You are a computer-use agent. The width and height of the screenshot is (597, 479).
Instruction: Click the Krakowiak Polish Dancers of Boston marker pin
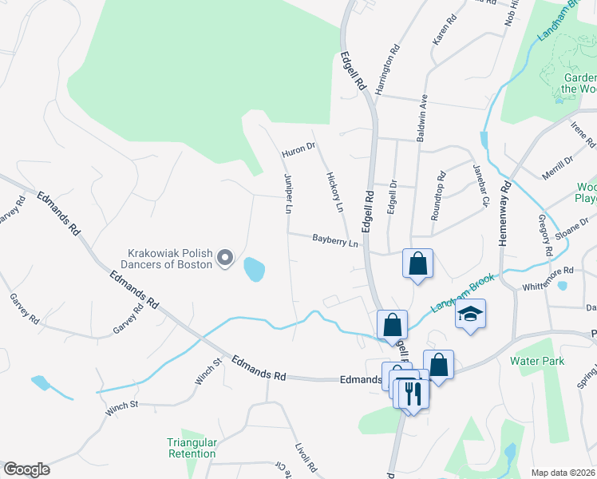point(225,257)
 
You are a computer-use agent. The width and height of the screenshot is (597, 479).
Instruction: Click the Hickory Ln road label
point(334,192)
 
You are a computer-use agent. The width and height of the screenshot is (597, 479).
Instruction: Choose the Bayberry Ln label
point(335,239)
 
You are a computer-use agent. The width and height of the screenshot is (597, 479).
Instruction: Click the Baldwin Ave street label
point(424,117)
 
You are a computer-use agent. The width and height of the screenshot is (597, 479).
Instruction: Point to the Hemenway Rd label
point(505,216)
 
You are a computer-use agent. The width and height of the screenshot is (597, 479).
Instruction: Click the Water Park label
point(537,362)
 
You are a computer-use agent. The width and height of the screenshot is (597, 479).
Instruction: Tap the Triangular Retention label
point(192,448)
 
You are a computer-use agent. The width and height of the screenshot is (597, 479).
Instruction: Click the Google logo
point(26,469)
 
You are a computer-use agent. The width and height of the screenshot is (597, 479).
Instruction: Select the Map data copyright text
point(562,473)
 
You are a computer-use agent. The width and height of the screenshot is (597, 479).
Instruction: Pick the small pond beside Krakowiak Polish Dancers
point(255,269)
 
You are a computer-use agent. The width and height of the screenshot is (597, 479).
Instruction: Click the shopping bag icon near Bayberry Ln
point(417,263)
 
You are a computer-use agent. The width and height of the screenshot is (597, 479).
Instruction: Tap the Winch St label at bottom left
point(122,405)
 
